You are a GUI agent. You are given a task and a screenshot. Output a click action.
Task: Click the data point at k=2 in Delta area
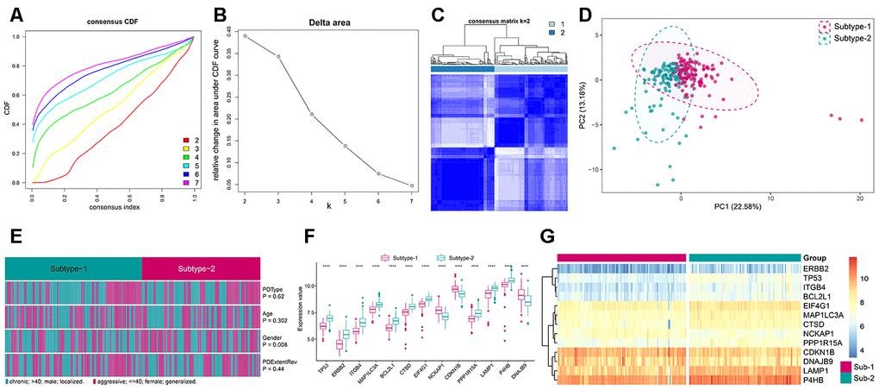click(245, 36)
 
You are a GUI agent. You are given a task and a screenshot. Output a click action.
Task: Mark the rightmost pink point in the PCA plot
click(862, 120)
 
